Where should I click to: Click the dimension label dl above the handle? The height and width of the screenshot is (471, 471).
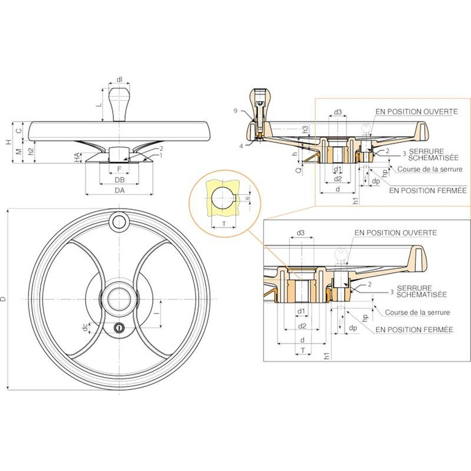pyautogui.click(x=120, y=79)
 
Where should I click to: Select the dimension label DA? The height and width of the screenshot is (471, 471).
pyautogui.click(x=120, y=190)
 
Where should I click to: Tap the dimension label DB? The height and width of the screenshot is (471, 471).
pyautogui.click(x=120, y=180)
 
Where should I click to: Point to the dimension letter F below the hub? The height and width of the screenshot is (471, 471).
pyautogui.click(x=119, y=169)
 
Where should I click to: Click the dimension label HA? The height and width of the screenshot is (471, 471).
pyautogui.click(x=77, y=158)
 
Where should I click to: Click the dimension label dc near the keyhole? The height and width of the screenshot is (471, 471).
pyautogui.click(x=86, y=327)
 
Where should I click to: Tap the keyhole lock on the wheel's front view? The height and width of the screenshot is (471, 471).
pyautogui.click(x=119, y=327)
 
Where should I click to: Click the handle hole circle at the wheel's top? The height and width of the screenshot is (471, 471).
pyautogui.click(x=119, y=222)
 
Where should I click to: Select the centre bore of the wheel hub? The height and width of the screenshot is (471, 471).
pyautogui.click(x=119, y=299)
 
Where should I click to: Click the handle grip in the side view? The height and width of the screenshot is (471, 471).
pyautogui.click(x=120, y=104)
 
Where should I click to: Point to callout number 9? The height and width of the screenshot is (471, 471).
pyautogui.click(x=235, y=111)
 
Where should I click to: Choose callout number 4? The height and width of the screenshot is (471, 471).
pyautogui.click(x=241, y=147)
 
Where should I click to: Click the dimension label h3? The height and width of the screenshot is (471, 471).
pyautogui.click(x=305, y=130)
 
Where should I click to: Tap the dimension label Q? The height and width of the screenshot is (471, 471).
pyautogui.click(x=298, y=170)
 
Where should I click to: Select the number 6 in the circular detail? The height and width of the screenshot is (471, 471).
pyautogui.click(x=247, y=198)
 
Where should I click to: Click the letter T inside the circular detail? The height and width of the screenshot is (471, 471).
pyautogui.click(x=224, y=223)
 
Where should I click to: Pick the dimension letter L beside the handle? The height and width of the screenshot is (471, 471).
pyautogui.click(x=99, y=105)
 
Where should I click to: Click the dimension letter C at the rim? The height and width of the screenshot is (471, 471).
pyautogui.click(x=19, y=131)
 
